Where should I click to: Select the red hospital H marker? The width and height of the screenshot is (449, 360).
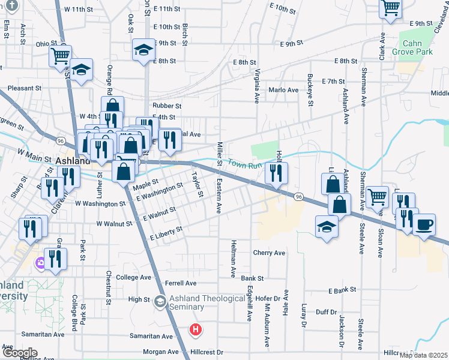(x=196, y=329)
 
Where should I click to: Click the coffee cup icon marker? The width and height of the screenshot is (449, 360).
(x=424, y=225)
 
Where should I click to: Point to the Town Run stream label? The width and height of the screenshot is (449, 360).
(x=246, y=163)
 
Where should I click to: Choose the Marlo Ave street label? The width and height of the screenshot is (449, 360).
(x=283, y=90)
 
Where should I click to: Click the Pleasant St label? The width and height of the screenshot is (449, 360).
(x=25, y=88)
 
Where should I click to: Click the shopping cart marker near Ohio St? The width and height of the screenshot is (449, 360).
(x=60, y=56)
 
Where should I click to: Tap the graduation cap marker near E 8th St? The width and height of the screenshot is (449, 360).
(x=143, y=51)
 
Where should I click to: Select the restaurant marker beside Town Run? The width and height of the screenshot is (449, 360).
(x=276, y=173)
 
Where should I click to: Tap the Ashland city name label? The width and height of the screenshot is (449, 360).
(x=73, y=161)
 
